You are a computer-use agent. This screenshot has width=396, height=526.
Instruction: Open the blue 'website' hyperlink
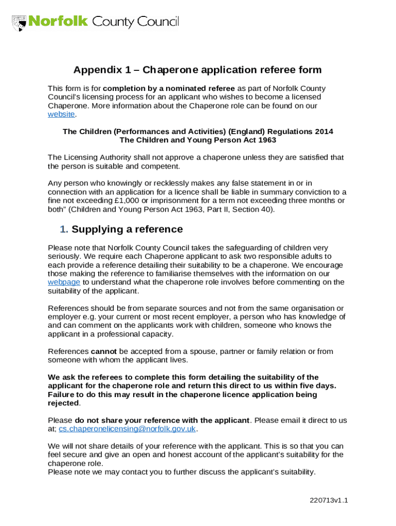pyautogui.click(x=61, y=115)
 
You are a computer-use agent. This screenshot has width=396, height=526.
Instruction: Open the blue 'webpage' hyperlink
pyautogui.click(x=64, y=282)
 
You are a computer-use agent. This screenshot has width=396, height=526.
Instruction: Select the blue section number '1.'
pyautogui.click(x=64, y=229)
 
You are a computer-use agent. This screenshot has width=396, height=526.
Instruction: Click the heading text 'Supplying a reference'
pyautogui.click(x=127, y=229)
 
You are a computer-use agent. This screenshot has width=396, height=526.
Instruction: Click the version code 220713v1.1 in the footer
pyautogui.click(x=329, y=500)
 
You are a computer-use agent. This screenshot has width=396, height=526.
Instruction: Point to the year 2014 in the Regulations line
pyautogui.click(x=323, y=131)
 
